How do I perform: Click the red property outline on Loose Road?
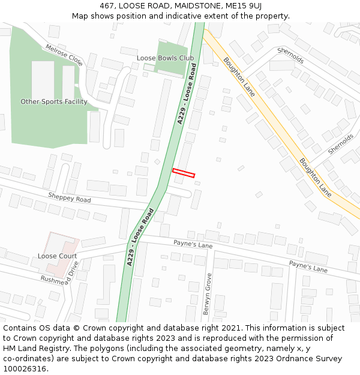(184, 173)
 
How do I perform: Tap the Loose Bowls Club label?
(165, 58)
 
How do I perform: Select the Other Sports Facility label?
(54, 101)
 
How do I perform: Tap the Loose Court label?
(57, 256)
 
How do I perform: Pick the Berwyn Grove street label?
(208, 294)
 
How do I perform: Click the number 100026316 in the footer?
(25, 368)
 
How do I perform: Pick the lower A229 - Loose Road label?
(140, 237)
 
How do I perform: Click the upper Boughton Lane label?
(239, 77)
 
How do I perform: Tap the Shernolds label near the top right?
(290, 56)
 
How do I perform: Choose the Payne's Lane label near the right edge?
(308, 266)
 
